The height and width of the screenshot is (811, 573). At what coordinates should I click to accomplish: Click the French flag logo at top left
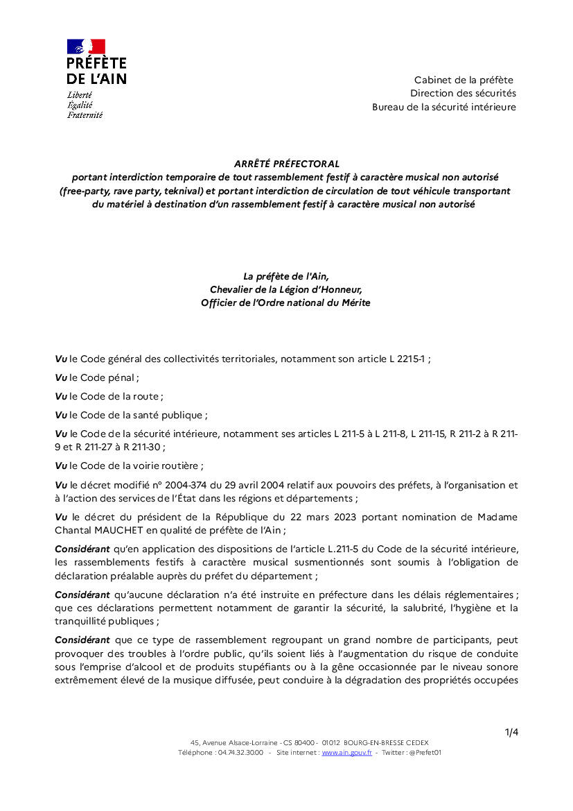coord(86,46)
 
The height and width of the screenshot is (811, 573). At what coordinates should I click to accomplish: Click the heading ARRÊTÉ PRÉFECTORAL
coord(286,164)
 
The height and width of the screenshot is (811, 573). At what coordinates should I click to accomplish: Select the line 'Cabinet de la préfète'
coord(464,80)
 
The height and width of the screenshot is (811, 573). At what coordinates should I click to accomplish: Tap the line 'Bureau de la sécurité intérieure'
coord(444,107)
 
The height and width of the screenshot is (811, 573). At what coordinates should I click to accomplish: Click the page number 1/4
coord(511,732)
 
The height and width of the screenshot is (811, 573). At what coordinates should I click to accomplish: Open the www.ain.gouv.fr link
coord(346,752)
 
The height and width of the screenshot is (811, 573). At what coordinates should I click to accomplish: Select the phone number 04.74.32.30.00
coord(240,752)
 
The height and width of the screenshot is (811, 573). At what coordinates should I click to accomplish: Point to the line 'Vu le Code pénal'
coord(97,378)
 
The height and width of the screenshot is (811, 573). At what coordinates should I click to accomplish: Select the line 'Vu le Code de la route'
coord(109,397)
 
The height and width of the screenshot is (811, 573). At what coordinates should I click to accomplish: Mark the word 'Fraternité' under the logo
coord(85,115)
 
